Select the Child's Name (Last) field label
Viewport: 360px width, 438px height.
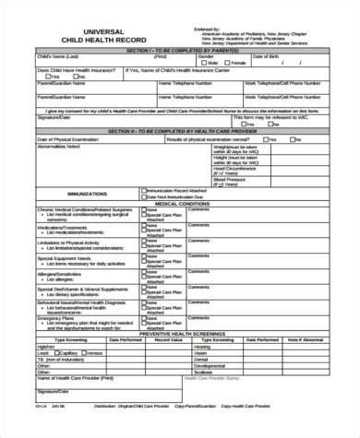[x=57, y=57]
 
